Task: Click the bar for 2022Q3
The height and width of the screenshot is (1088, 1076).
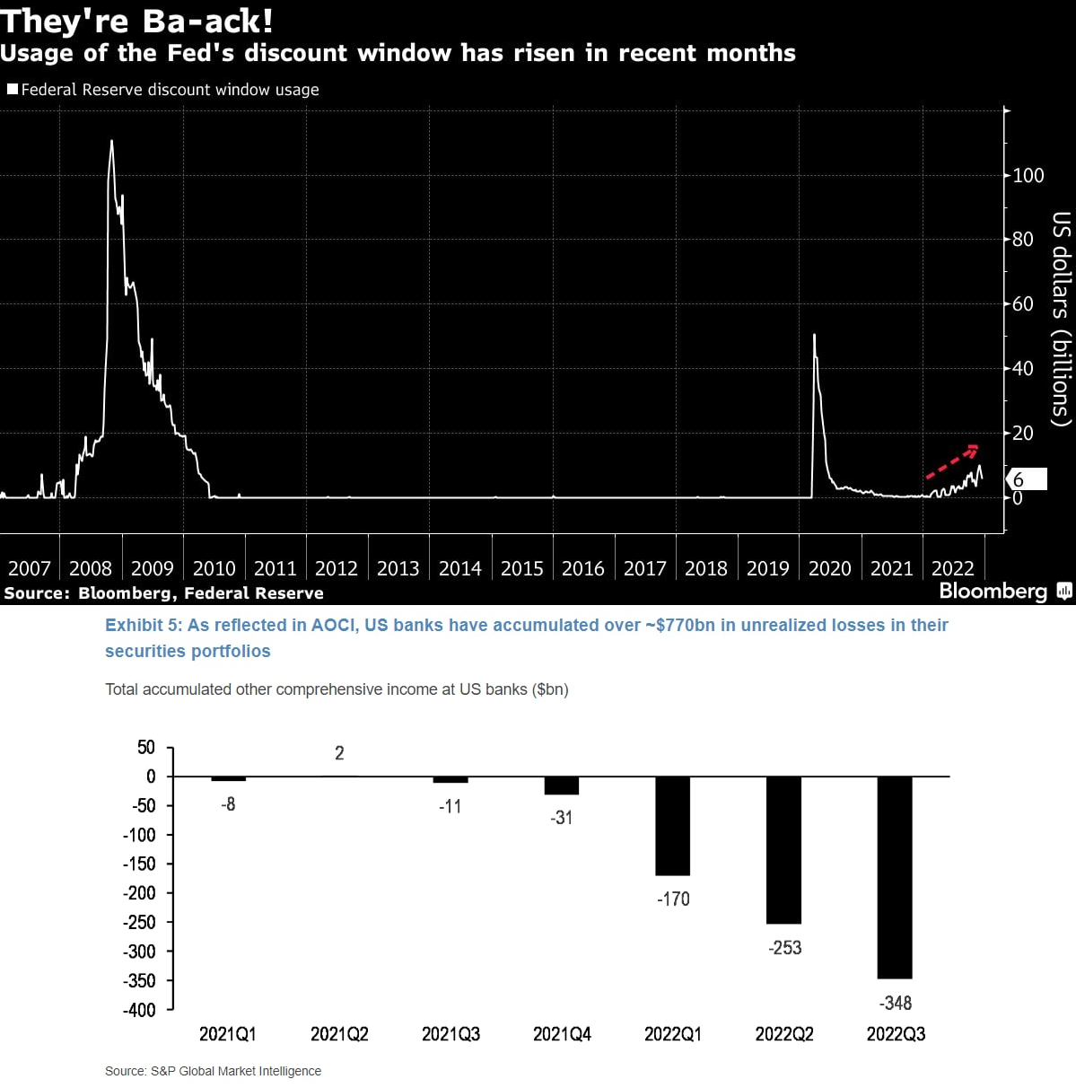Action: [895, 877]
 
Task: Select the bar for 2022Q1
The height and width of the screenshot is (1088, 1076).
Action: [672, 825]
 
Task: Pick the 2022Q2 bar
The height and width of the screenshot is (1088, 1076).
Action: [783, 849]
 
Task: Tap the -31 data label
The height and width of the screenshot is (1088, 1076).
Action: [561, 818]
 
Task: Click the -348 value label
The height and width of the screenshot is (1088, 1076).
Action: [896, 1003]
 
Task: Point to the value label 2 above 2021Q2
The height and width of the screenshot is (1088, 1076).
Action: [339, 753]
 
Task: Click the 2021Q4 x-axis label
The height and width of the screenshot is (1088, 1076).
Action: [562, 1034]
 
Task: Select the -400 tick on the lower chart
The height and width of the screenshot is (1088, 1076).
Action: [139, 1010]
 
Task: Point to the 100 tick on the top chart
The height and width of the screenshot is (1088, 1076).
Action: [1028, 175]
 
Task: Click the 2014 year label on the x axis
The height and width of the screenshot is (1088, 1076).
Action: [459, 568]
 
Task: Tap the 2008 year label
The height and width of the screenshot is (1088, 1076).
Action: [90, 568]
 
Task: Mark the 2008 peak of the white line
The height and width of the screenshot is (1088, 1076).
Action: [111, 141]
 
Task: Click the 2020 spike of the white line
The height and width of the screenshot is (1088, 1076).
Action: [814, 336]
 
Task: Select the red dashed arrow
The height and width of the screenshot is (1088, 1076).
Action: [952, 461]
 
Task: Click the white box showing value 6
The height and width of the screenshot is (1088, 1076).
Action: [1028, 479]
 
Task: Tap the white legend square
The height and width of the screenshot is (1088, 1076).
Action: [13, 89]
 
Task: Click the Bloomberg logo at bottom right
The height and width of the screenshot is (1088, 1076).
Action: [1004, 591]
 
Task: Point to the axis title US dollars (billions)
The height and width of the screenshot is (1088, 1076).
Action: [1061, 319]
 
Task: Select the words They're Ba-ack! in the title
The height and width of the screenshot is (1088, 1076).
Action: [136, 21]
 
